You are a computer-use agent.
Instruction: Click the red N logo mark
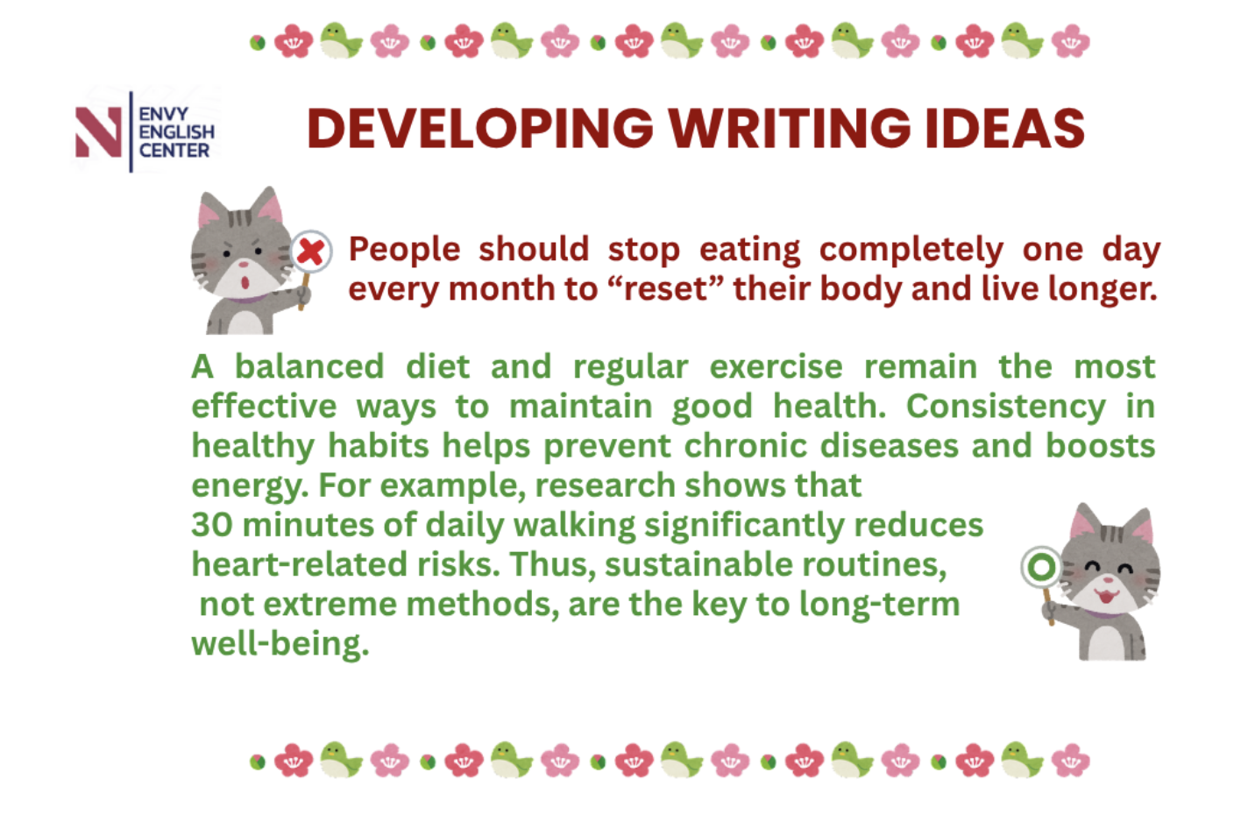coord(99,132)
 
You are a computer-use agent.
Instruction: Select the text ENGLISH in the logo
coord(176,132)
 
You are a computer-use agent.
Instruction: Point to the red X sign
coord(311,252)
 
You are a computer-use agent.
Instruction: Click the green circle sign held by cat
coord(1041,567)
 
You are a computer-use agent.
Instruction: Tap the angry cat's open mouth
coord(245,282)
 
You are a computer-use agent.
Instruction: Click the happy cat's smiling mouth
coord(1108,595)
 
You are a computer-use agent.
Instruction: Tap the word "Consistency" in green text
coord(1006,407)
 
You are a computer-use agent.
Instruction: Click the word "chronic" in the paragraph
coord(746,446)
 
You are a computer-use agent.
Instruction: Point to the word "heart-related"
coord(299,564)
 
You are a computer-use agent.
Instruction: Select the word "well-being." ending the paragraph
coord(280,644)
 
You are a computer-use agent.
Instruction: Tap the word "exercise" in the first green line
coord(776,367)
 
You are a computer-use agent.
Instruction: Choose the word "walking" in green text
coord(575,527)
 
